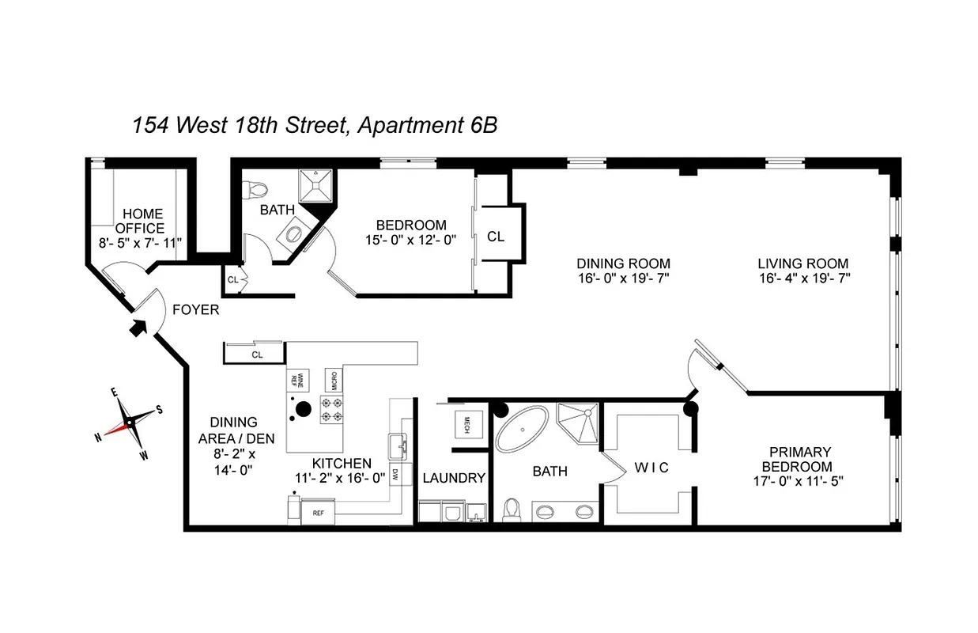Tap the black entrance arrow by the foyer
pyautogui.click(x=140, y=326)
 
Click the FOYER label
pyautogui.click(x=195, y=310)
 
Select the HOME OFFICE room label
pyautogui.click(x=142, y=221)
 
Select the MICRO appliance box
pyautogui.click(x=334, y=381)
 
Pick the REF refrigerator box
pyautogui.click(x=318, y=513)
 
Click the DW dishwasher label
pyautogui.click(x=395, y=475)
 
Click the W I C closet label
pyautogui.click(x=651, y=468)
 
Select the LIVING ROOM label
pyautogui.click(x=802, y=263)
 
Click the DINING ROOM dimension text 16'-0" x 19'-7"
pyautogui.click(x=623, y=278)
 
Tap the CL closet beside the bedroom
pyautogui.click(x=496, y=236)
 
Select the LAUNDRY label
pyautogui.click(x=453, y=478)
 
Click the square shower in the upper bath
pyautogui.click(x=315, y=188)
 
